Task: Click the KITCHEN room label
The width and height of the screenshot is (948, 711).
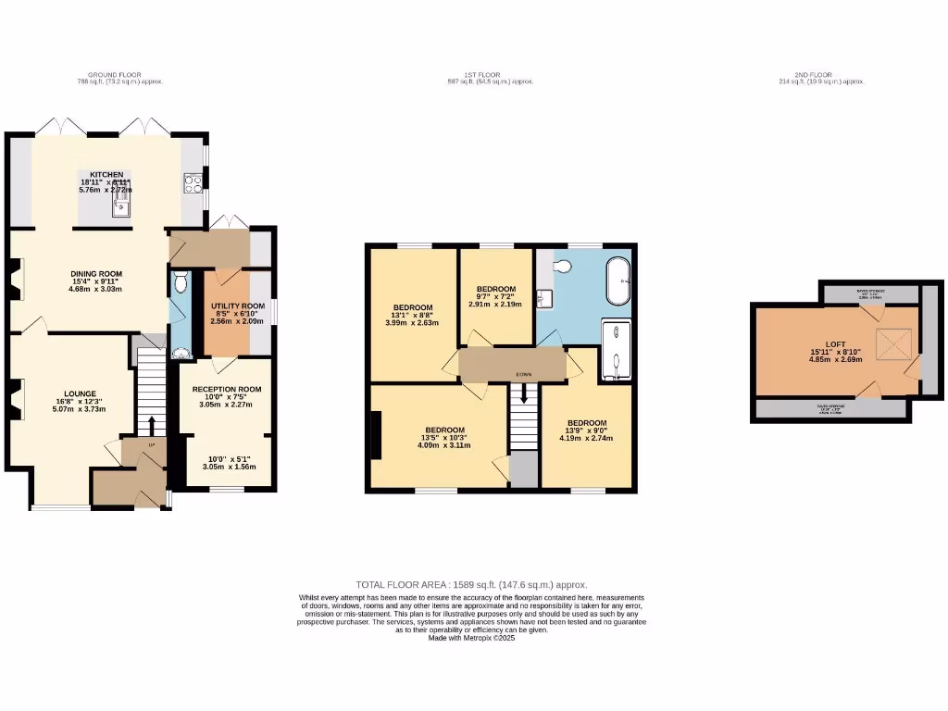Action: (x=106, y=174)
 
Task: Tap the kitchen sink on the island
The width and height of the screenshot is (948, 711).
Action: (x=120, y=206)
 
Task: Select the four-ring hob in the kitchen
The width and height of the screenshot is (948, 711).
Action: (x=193, y=183)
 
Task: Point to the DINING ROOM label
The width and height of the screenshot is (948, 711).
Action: (x=96, y=274)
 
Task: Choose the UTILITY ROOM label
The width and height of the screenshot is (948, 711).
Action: (x=237, y=306)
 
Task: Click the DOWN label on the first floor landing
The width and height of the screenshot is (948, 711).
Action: (x=524, y=375)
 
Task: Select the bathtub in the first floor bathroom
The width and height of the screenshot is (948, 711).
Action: (x=617, y=281)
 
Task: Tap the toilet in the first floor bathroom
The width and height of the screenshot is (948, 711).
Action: (x=561, y=267)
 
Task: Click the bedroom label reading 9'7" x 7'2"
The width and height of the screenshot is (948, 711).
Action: (x=496, y=289)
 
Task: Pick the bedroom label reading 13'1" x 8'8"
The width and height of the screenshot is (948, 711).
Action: (x=413, y=307)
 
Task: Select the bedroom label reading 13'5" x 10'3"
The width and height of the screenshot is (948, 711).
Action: (x=444, y=430)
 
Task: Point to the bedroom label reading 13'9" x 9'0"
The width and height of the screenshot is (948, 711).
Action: (x=587, y=423)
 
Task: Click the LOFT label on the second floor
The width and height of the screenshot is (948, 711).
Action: (x=836, y=343)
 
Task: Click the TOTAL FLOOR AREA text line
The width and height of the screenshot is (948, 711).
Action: (x=472, y=584)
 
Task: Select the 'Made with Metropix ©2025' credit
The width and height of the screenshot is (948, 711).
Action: (x=472, y=638)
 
